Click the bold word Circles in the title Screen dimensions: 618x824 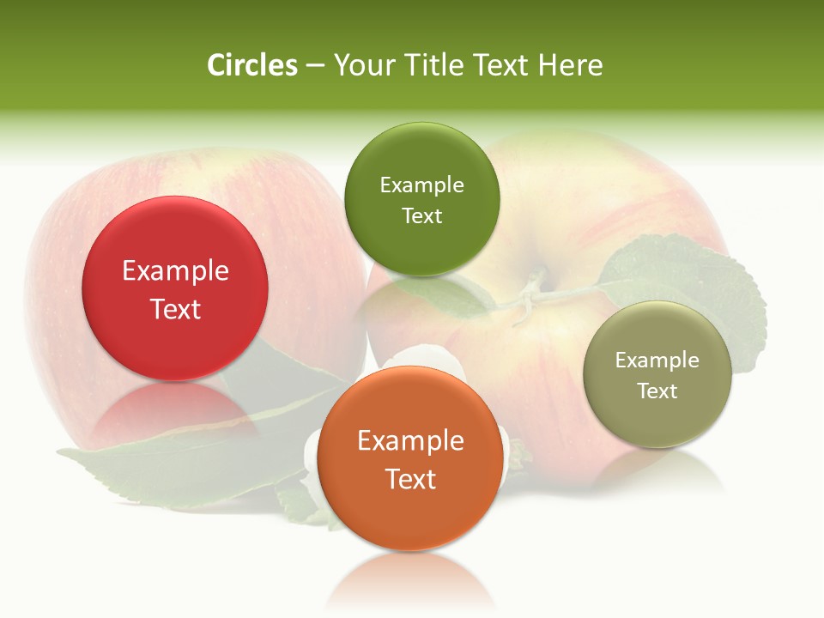(251, 65)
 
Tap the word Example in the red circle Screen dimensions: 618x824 (175, 271)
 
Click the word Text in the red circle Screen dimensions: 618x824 (175, 310)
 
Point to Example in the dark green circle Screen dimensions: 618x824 (421, 185)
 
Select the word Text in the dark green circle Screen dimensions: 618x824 (421, 216)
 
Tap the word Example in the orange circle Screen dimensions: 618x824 (410, 441)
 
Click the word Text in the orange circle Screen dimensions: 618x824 (410, 480)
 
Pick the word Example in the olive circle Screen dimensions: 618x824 (657, 360)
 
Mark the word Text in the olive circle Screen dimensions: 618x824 (657, 391)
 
